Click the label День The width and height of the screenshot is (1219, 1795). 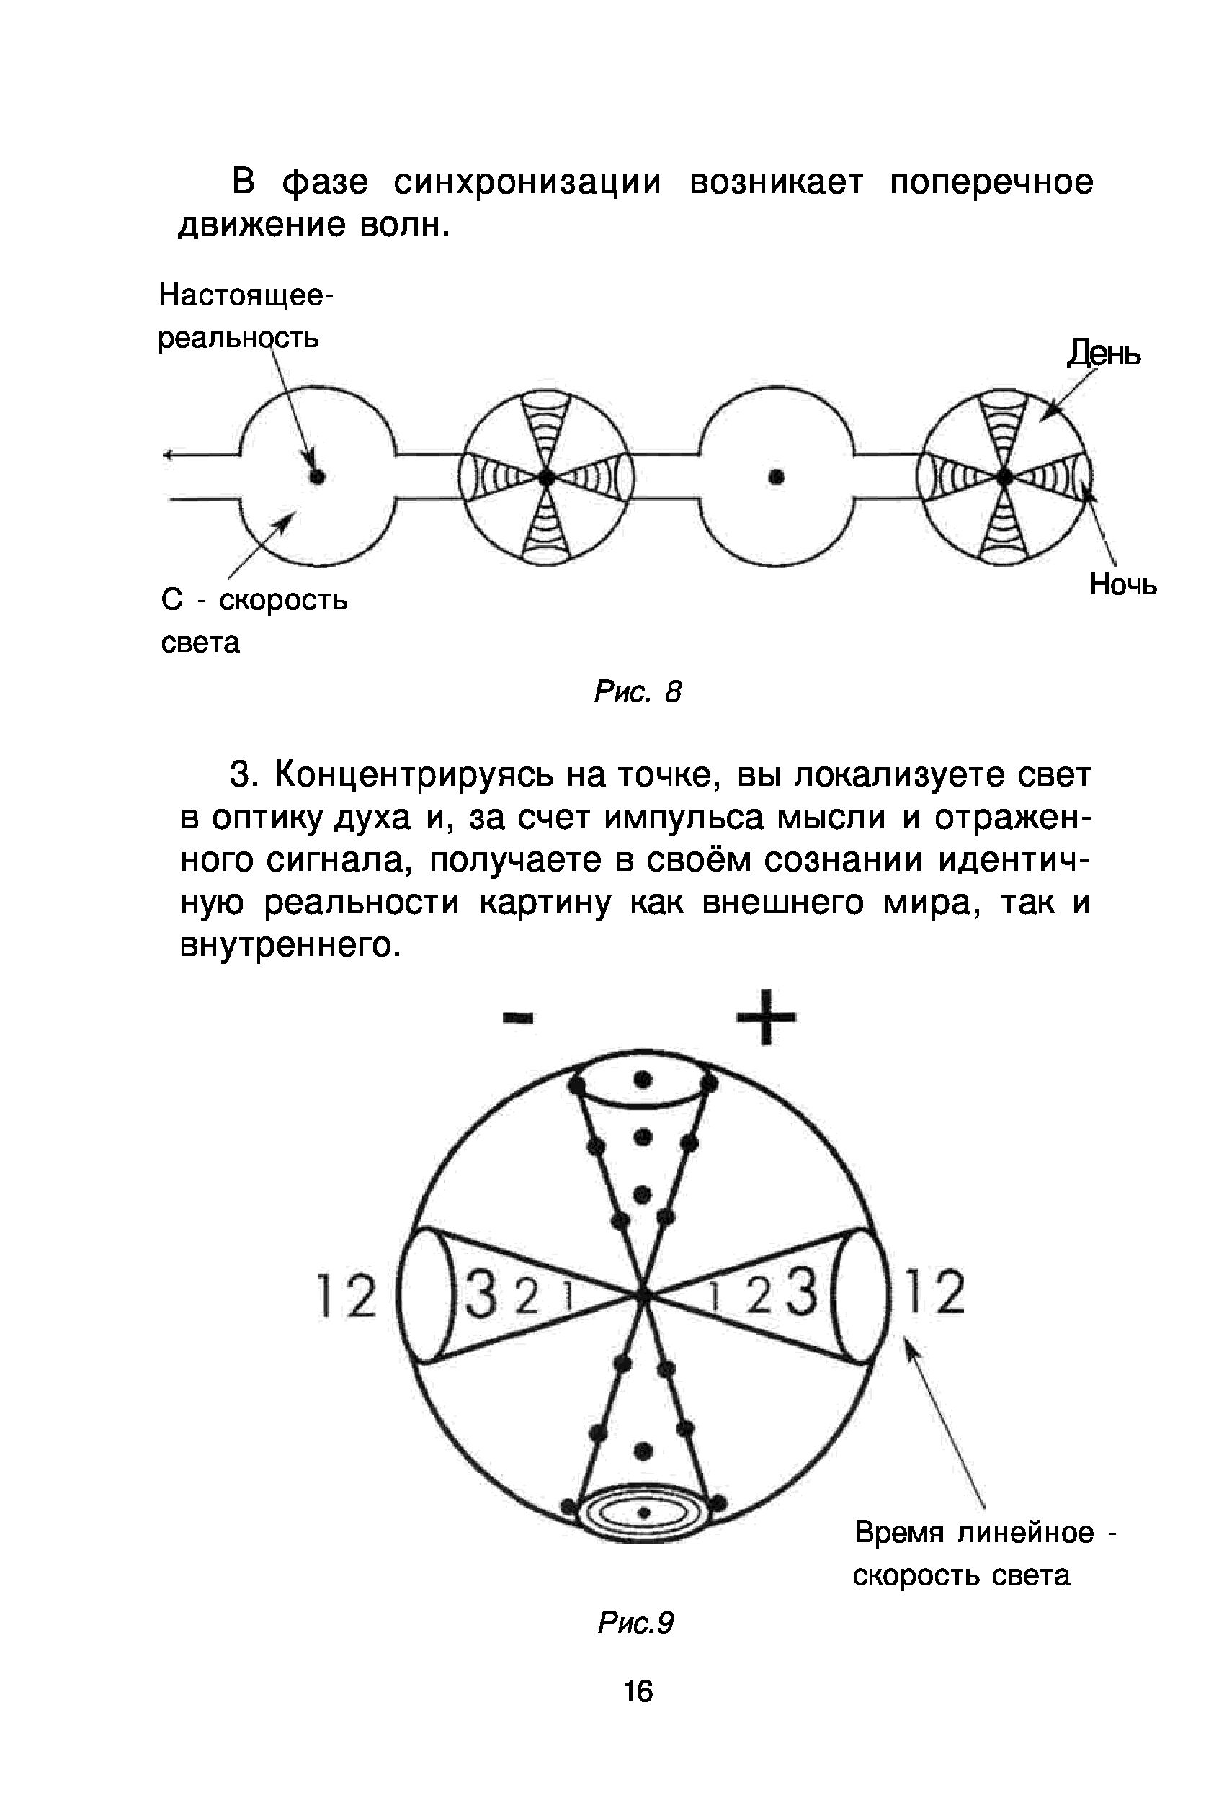coord(1103,354)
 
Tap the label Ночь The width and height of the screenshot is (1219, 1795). coord(1122,586)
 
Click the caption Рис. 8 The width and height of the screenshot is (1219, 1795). coord(638,691)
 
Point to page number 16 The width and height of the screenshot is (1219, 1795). coord(638,1692)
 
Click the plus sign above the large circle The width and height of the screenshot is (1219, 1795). coord(766,1016)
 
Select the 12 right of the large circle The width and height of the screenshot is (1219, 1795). coord(934,1292)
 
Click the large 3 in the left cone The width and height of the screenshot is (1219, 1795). coord(483,1294)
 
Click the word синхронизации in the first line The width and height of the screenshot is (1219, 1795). coord(527,183)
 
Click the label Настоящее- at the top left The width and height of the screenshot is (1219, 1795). coord(245,295)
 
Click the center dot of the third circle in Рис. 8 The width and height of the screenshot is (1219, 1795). coord(777,478)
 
